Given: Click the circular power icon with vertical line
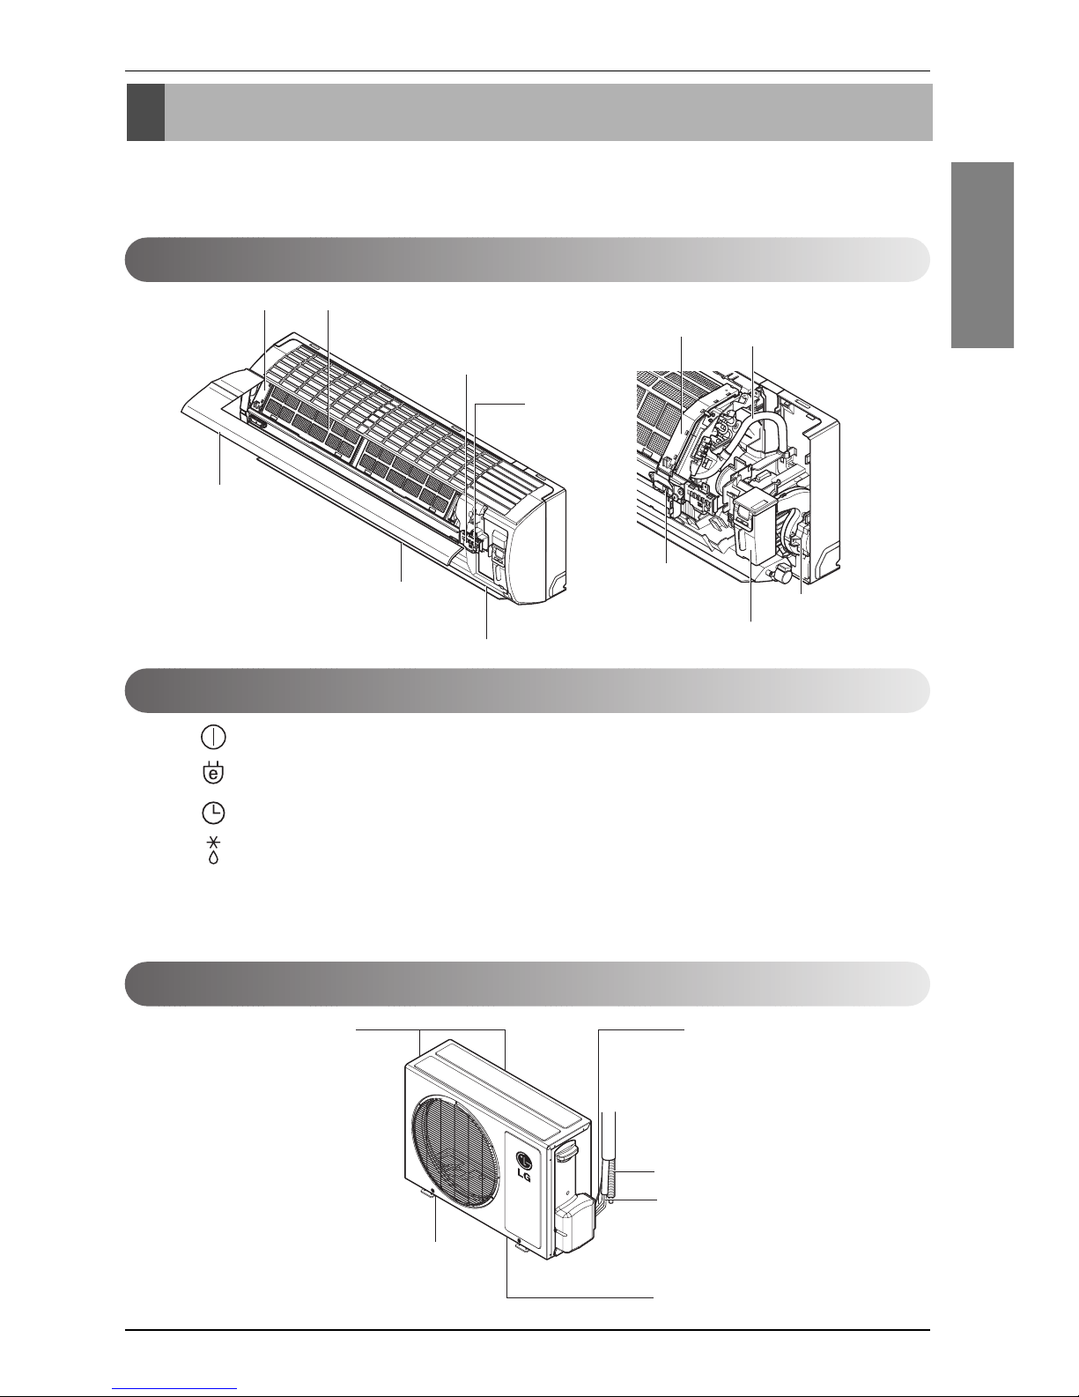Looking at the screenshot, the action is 213,738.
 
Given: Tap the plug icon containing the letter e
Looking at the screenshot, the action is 213,773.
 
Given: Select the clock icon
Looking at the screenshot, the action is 213,814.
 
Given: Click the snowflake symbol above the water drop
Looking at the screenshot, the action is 214,843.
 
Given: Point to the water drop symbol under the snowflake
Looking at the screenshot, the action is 214,858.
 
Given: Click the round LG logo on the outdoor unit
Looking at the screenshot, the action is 525,1160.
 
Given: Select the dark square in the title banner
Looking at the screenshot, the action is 146,113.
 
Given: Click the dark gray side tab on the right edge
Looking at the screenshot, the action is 983,256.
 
